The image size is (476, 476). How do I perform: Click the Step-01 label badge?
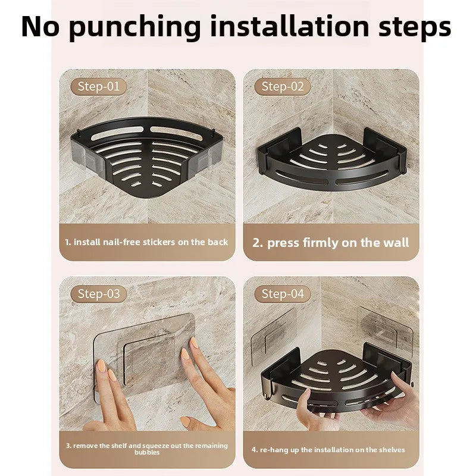click(x=99, y=86)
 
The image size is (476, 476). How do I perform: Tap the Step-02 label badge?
click(x=283, y=86)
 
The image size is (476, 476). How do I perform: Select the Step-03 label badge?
click(x=99, y=293)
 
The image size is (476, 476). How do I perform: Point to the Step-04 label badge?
click(x=283, y=293)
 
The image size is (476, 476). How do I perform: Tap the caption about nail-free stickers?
click(x=147, y=242)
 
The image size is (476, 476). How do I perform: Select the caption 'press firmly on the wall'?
click(x=331, y=242)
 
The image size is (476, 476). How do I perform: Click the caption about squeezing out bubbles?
click(x=147, y=448)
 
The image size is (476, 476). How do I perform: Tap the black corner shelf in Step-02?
click(x=330, y=155)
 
